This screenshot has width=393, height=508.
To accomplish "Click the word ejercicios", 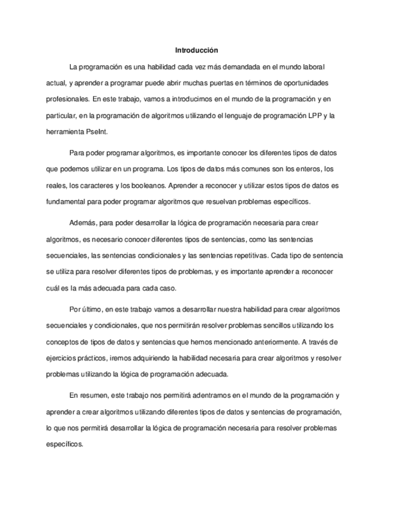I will [x=61, y=359].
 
